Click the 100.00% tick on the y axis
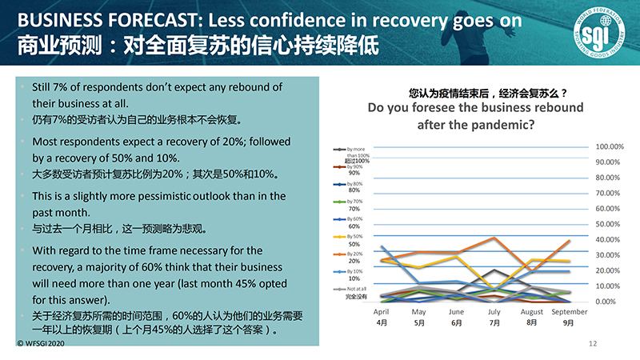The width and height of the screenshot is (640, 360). click(x=610, y=146)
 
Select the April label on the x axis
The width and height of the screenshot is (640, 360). click(x=382, y=312)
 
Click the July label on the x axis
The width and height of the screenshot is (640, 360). click(x=494, y=312)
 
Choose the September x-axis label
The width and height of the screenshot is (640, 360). click(x=569, y=312)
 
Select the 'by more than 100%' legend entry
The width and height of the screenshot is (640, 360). click(x=356, y=151)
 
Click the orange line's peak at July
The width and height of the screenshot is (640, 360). click(x=495, y=238)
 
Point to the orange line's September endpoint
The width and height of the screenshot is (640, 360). click(x=569, y=240)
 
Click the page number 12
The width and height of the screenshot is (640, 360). click(x=593, y=343)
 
